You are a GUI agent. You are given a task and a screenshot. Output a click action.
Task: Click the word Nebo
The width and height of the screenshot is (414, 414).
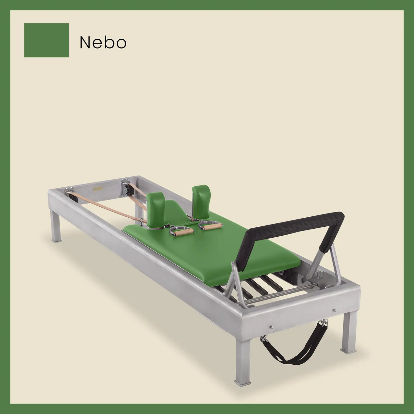pos(103,42)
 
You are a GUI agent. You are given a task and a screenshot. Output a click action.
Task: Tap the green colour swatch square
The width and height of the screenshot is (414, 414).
pos(46,40)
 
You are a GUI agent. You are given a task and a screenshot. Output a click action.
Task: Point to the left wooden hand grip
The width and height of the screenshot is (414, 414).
pos(179,234)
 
